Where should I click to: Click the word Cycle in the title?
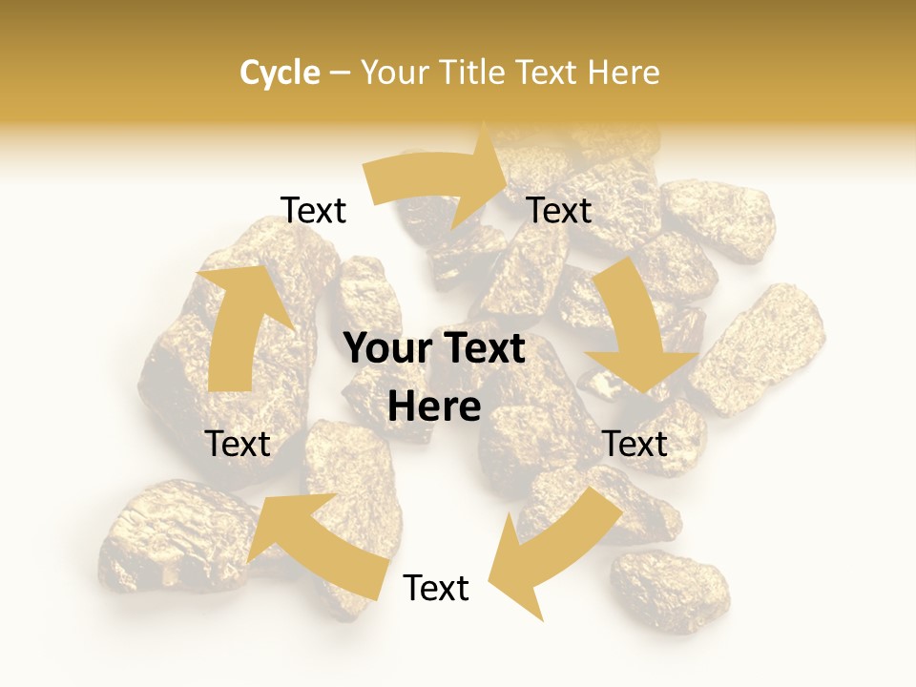(x=280, y=73)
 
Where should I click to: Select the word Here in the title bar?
(x=623, y=73)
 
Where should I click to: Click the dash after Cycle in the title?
(x=340, y=73)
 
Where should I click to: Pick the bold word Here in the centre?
(x=434, y=406)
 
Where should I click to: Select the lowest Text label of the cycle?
(x=436, y=588)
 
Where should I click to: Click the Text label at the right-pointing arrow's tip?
(x=560, y=210)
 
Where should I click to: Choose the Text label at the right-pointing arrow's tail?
(x=314, y=210)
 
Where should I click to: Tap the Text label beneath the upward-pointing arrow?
(x=238, y=444)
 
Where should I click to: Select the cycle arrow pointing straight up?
(x=234, y=324)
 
